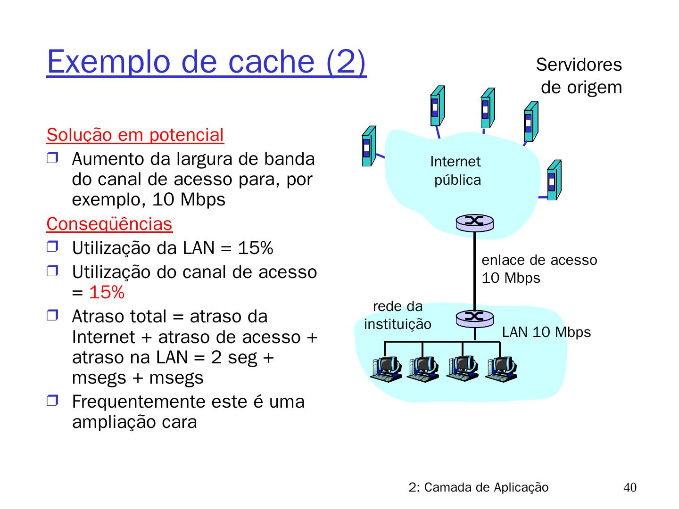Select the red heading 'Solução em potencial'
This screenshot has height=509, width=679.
(x=135, y=135)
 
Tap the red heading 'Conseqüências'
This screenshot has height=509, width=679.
(x=109, y=224)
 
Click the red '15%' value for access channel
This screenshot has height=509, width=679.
(x=107, y=293)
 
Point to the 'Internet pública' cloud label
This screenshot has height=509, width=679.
(x=456, y=171)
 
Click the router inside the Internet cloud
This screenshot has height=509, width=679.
(x=474, y=222)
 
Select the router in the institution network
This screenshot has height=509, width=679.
(x=474, y=318)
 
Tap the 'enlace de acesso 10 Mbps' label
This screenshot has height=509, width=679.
(x=539, y=269)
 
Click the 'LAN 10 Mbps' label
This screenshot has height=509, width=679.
(x=546, y=332)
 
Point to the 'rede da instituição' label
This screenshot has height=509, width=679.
(x=397, y=315)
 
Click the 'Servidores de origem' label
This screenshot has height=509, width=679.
(x=580, y=76)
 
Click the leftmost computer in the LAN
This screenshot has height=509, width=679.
(x=386, y=368)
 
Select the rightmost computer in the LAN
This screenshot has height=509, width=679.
(x=502, y=368)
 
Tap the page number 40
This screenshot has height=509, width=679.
(x=629, y=488)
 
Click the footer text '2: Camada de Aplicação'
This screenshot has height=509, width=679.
(x=479, y=488)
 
